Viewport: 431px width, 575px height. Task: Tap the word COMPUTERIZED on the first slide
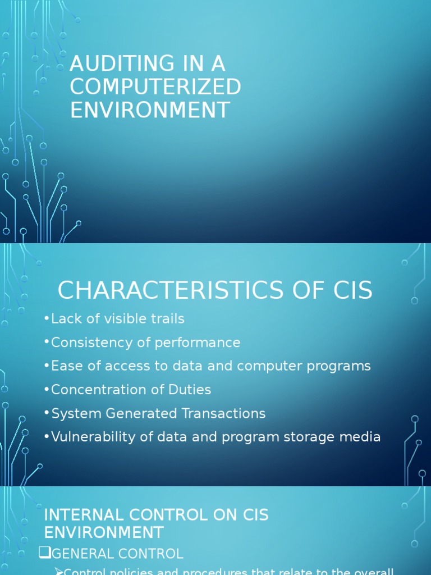155,87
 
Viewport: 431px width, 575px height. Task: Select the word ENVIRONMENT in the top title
150,110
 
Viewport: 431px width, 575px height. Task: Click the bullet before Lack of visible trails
47,319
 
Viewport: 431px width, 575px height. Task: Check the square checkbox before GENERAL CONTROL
44,553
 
